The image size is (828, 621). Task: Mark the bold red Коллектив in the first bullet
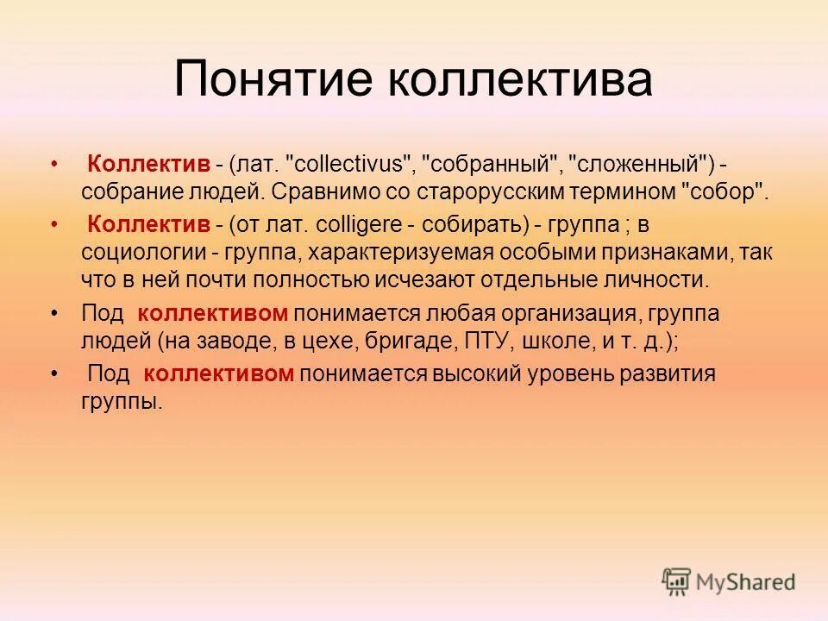[x=149, y=164]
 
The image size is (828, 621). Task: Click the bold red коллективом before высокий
[x=219, y=373]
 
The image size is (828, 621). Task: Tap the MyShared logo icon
[x=677, y=581]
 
